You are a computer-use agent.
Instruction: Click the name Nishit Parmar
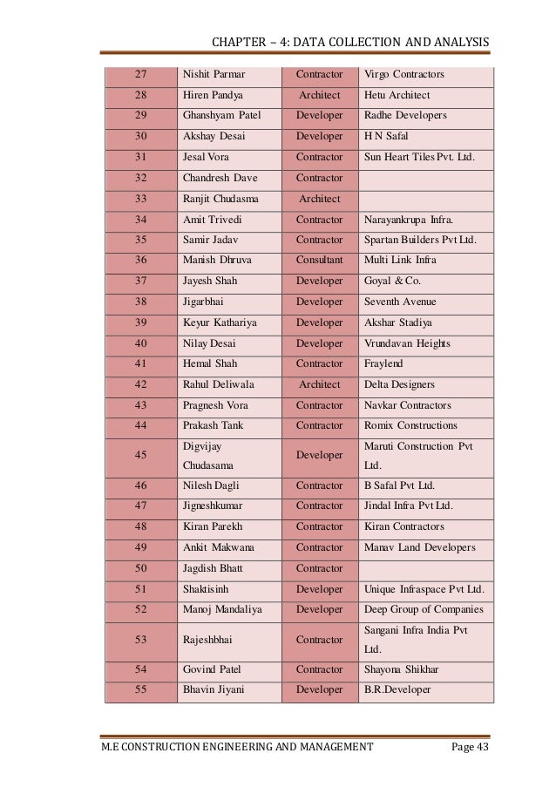[x=214, y=74]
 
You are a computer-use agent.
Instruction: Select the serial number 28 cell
[x=139, y=95]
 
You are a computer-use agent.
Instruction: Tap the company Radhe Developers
[x=405, y=115]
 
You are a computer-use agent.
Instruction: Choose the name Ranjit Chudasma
[x=220, y=199]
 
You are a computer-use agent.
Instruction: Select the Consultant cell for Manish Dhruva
[x=320, y=260]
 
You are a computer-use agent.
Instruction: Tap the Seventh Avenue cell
[x=400, y=302]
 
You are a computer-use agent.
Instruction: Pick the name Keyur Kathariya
[x=220, y=322]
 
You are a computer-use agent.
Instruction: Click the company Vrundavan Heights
[x=407, y=343]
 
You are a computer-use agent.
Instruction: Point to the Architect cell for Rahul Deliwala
[x=320, y=384]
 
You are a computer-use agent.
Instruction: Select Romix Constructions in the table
[x=410, y=425]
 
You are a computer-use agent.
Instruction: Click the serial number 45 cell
[x=139, y=455]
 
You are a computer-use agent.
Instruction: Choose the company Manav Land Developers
[x=419, y=547]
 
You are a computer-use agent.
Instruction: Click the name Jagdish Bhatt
[x=213, y=568]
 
